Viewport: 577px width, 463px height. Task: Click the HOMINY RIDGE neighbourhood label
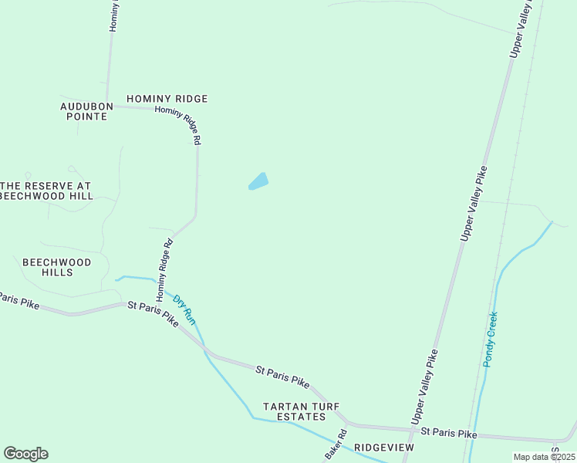coord(167,99)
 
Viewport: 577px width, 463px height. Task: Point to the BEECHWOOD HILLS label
coord(57,267)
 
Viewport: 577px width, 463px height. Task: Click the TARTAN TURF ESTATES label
coord(301,411)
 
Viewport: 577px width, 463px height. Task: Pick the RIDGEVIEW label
coord(384,448)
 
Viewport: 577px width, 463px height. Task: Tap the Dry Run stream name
coord(185,309)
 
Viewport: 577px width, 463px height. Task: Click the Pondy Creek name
coord(491,339)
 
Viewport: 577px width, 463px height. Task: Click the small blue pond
coord(258,182)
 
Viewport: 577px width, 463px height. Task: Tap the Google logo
coord(25,454)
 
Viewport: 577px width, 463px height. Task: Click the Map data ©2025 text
coord(544,457)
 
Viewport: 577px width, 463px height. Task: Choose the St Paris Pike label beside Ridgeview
coord(449,433)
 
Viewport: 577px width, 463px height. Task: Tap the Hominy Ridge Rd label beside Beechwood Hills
coord(164,269)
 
